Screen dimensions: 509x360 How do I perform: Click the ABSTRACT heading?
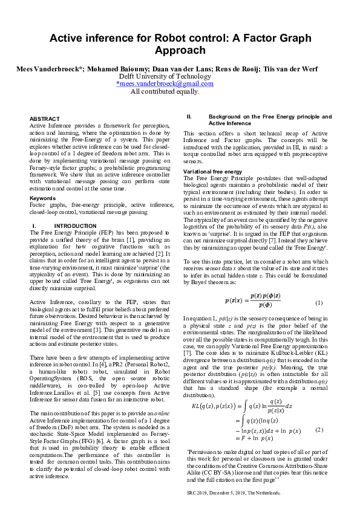point(45,118)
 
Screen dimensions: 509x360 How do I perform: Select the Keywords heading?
point(42,198)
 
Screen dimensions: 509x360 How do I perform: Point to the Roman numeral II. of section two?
point(189,116)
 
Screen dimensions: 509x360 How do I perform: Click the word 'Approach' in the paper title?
point(180,50)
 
